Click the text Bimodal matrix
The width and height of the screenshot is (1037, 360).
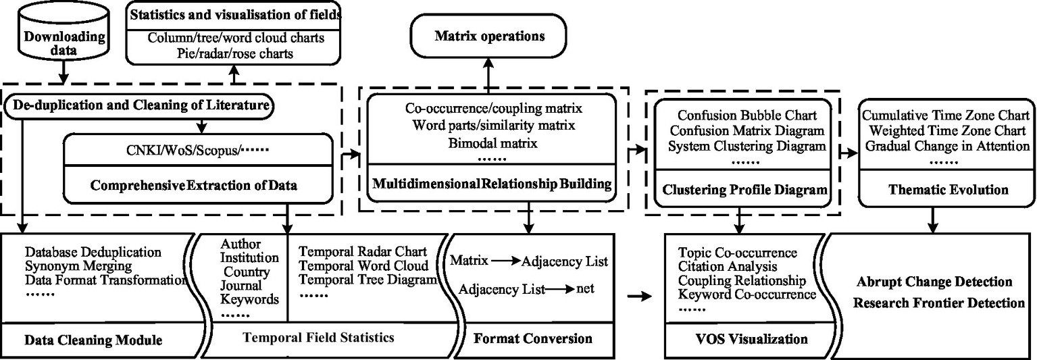coord(480,143)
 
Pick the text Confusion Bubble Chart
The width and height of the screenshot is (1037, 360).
coord(747,115)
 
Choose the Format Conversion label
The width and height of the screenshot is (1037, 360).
coord(533,338)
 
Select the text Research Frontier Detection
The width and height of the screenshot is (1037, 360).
coord(939,303)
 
